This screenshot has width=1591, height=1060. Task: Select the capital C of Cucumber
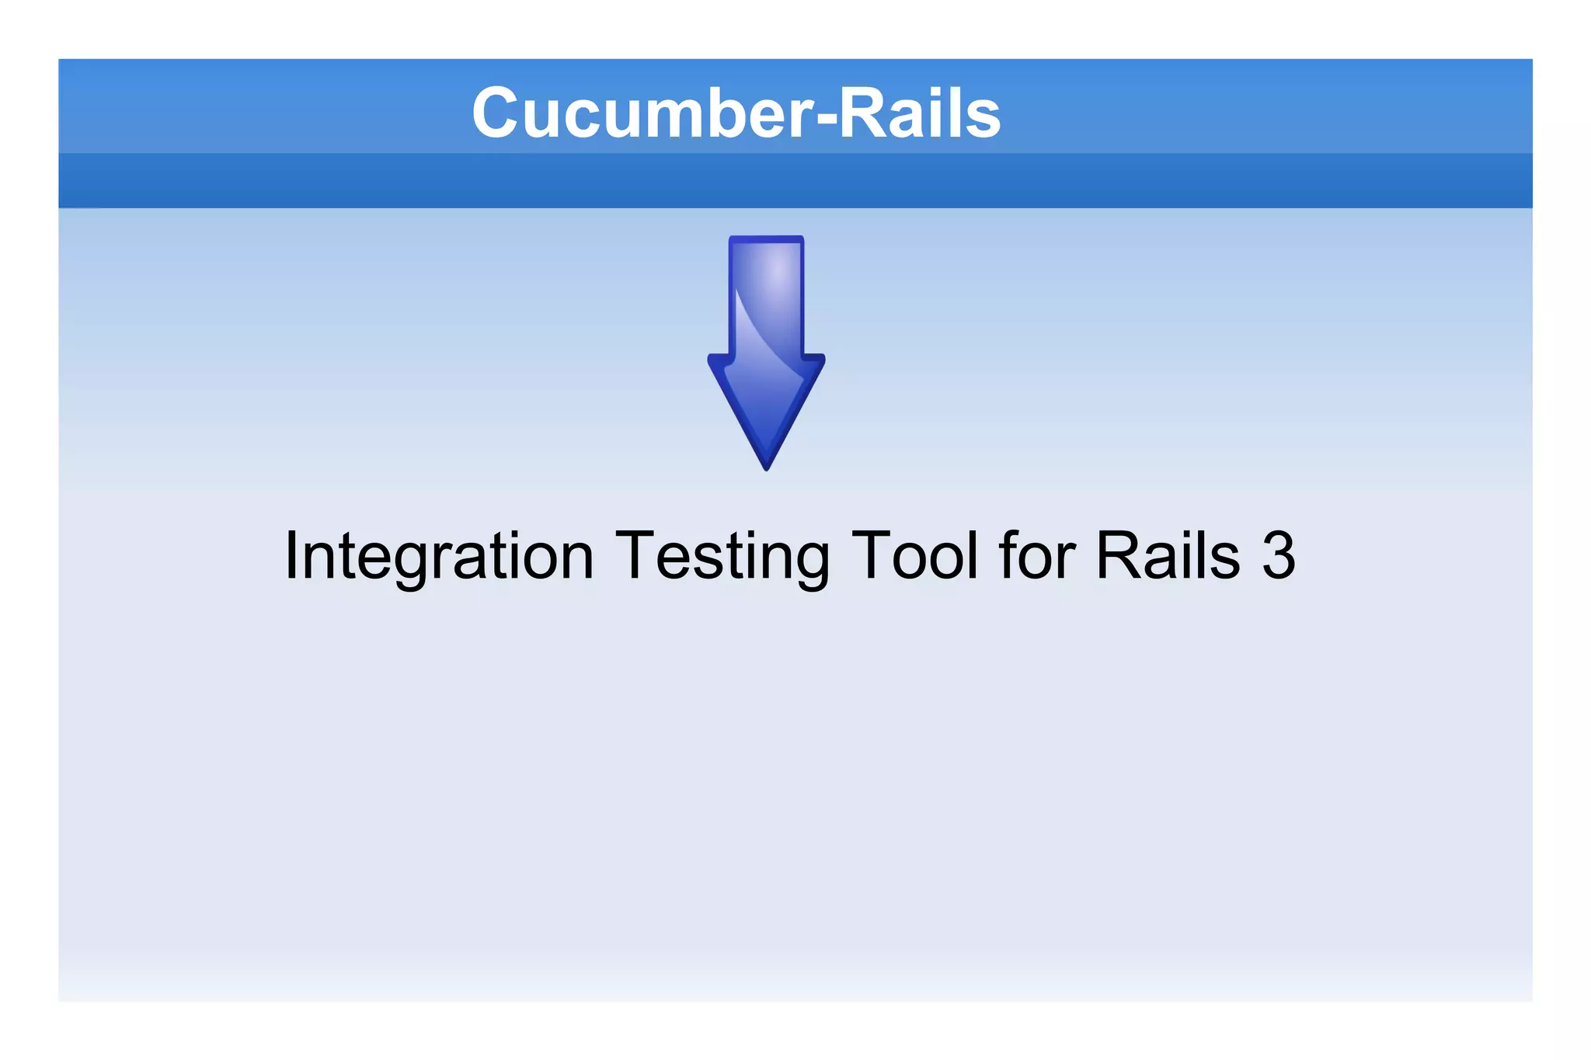tap(498, 113)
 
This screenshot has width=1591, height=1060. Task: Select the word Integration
tap(440, 556)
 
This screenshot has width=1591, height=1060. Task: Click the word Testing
tap(722, 556)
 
